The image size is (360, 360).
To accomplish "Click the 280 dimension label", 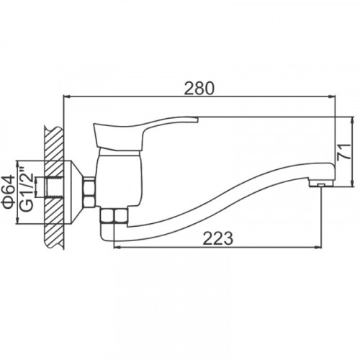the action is tap(199, 89).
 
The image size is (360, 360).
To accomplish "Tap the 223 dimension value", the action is tap(218, 238).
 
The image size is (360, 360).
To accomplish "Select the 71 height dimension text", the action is tap(344, 151).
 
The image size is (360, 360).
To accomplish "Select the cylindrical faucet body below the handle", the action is tap(119, 178).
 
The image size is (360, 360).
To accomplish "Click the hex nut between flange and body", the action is tap(89, 192).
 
